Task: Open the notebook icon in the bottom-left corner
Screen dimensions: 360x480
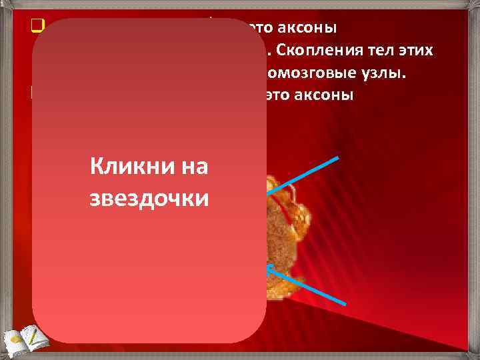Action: [x=20, y=337]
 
